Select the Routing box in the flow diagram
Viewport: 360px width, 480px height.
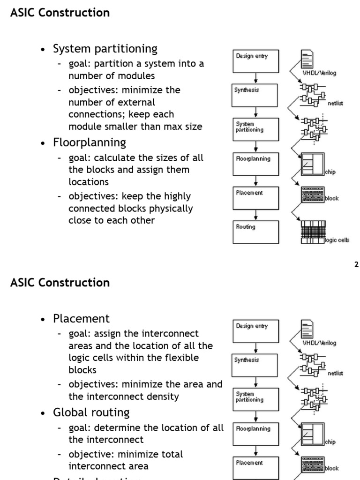pyautogui.click(x=255, y=232)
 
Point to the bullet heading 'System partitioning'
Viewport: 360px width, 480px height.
pyautogui.click(x=105, y=49)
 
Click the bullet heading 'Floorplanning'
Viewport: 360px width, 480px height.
pyautogui.click(x=90, y=142)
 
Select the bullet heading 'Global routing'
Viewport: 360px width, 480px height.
pyautogui.click(x=91, y=412)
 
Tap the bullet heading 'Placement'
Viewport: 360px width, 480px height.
pyautogui.click(x=81, y=319)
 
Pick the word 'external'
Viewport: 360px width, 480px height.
pyautogui.click(x=137, y=102)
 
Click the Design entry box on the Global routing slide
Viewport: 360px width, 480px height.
pyautogui.click(x=255, y=331)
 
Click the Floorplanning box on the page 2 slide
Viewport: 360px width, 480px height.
pyautogui.click(x=255, y=164)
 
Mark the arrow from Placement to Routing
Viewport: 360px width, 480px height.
pyautogui.click(x=256, y=215)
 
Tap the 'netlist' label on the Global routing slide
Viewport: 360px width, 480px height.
pyautogui.click(x=335, y=373)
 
